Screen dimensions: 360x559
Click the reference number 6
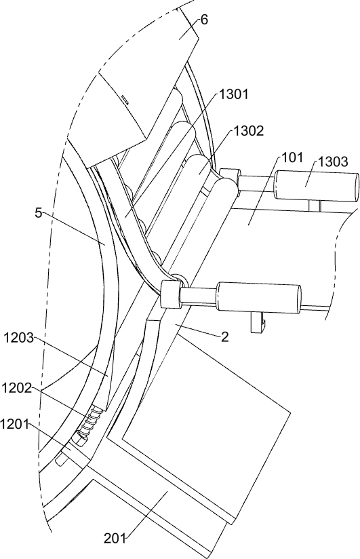(204, 20)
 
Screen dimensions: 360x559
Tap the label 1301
(233, 94)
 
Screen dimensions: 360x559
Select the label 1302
(249, 131)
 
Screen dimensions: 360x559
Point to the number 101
(292, 157)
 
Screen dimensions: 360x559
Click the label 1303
(333, 161)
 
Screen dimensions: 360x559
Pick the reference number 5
(39, 213)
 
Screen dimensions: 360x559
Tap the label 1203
(18, 338)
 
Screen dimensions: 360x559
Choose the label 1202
(16, 388)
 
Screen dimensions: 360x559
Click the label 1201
(14, 424)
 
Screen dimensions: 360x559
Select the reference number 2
(224, 337)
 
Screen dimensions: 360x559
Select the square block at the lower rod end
(171, 294)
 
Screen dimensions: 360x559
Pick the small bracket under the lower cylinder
(258, 322)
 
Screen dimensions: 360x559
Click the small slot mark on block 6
(125, 98)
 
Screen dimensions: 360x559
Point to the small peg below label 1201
(61, 460)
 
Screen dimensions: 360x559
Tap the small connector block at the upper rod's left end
(230, 177)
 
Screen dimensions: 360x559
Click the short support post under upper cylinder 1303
(315, 206)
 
